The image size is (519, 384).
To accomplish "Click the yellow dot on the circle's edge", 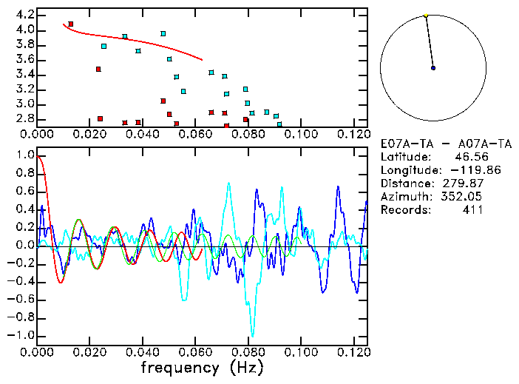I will (426, 16).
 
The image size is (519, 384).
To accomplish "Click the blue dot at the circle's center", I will (433, 68).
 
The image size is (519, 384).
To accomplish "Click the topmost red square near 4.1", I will (71, 24).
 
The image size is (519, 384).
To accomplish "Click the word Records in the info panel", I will (404, 210).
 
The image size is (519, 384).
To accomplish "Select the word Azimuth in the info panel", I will (404, 197).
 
